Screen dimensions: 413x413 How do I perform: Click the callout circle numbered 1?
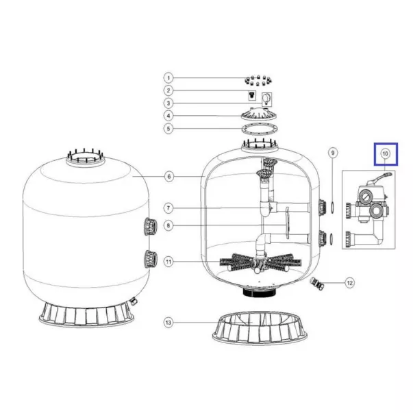pyautogui.click(x=168, y=78)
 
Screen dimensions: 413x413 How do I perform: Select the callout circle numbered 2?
pyautogui.click(x=168, y=90)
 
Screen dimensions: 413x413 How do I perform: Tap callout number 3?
pyautogui.click(x=168, y=103)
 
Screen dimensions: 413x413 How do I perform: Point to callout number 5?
pyautogui.click(x=168, y=129)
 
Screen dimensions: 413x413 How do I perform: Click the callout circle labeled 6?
pyautogui.click(x=169, y=177)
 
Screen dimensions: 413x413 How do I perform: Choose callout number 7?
pyautogui.click(x=168, y=208)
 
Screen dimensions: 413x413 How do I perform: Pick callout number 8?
pyautogui.click(x=168, y=225)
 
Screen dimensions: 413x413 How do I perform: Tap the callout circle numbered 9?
pyautogui.click(x=333, y=153)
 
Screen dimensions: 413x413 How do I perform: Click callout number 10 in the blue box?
pyautogui.click(x=386, y=154)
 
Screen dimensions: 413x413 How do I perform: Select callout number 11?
pyautogui.click(x=168, y=262)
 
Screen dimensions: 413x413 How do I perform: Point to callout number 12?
pyautogui.click(x=350, y=283)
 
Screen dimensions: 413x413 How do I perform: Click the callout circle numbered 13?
pyautogui.click(x=168, y=323)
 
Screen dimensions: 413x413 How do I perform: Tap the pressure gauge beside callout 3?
pyautogui.click(x=266, y=99)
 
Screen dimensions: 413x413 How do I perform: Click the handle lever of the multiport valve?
pyautogui.click(x=379, y=177)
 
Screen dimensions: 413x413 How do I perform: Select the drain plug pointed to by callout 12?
pyautogui.click(x=316, y=284)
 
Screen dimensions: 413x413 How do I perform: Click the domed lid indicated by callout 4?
pyautogui.click(x=260, y=114)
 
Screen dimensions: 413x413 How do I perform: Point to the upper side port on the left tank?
pyautogui.click(x=151, y=226)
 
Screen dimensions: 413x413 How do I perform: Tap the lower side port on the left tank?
pyautogui.click(x=151, y=259)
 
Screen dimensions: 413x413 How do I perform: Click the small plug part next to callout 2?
pyautogui.click(x=252, y=95)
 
